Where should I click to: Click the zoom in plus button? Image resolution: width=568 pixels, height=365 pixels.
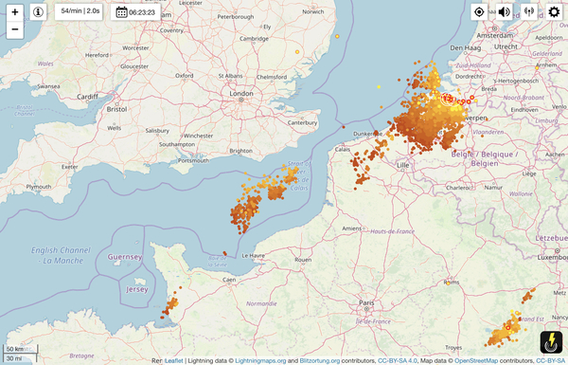[15, 12]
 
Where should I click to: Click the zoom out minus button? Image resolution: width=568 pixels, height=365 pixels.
[15, 29]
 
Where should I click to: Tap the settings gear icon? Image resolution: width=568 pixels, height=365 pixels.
[553, 12]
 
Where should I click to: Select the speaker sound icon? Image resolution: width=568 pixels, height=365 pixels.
[505, 12]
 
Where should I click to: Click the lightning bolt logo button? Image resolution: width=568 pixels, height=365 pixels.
[551, 342]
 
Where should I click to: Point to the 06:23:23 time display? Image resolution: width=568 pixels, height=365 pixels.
[135, 12]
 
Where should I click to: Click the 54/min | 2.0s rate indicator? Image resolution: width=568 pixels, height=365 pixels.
[80, 11]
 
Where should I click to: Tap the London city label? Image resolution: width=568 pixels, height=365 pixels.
[242, 94]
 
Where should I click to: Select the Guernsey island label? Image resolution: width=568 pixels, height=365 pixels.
[124, 257]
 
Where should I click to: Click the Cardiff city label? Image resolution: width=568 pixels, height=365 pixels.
[88, 96]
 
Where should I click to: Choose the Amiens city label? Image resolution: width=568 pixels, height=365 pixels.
[352, 228]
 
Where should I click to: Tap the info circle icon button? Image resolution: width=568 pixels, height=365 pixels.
[38, 12]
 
